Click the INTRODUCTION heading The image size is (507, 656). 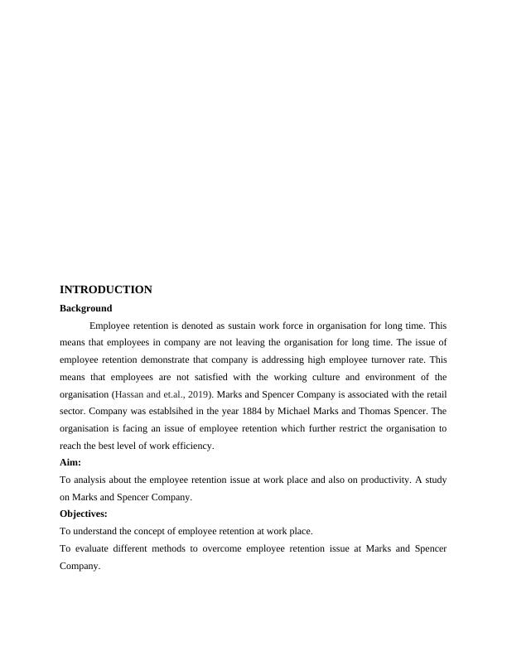click(106, 290)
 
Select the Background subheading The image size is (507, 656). click(85, 308)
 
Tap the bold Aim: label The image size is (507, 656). click(70, 463)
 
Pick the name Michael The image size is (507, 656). click(282, 411)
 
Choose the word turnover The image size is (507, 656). click(369, 359)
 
